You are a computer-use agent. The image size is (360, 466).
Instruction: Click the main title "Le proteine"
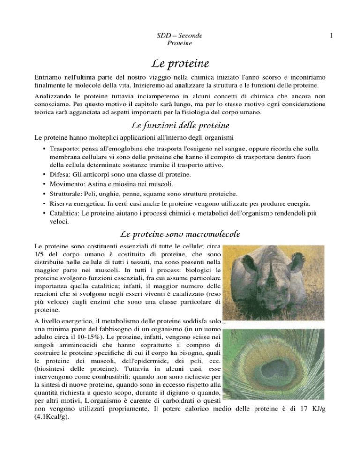(180, 61)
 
